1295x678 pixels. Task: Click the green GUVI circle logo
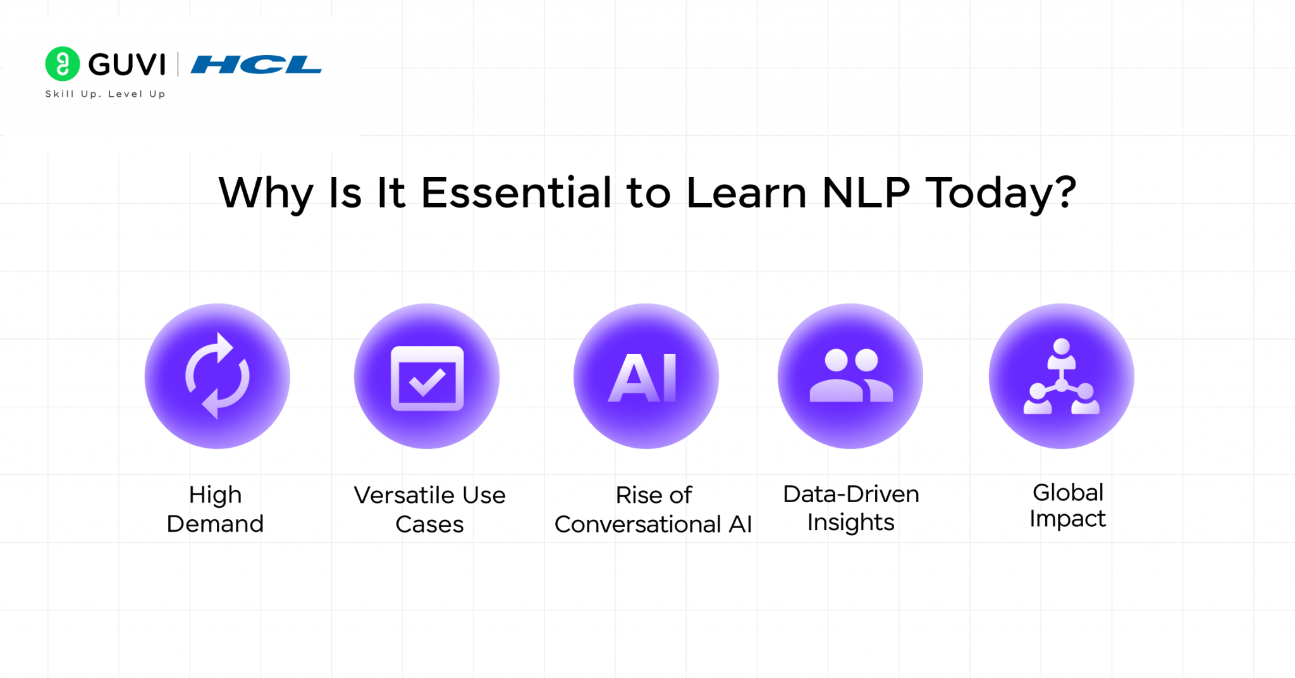click(63, 64)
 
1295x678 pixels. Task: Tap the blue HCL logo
click(256, 65)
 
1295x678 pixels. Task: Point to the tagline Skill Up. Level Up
click(105, 94)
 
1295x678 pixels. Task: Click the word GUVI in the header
click(127, 65)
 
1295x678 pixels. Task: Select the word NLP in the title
click(866, 192)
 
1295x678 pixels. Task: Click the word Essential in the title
click(517, 192)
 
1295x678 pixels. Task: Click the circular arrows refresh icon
click(218, 376)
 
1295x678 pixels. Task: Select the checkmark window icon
click(427, 378)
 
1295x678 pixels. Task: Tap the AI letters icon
click(644, 378)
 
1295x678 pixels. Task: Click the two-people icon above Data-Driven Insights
click(851, 376)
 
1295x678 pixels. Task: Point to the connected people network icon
click(1062, 377)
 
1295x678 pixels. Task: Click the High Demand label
click(215, 509)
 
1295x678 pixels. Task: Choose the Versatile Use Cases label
click(429, 510)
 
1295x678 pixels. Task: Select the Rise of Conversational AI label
click(653, 510)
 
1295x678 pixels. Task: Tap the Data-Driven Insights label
click(851, 508)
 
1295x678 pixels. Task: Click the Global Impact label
click(1067, 505)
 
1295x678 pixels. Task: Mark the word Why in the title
click(266, 194)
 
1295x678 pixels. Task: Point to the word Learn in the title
click(746, 192)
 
